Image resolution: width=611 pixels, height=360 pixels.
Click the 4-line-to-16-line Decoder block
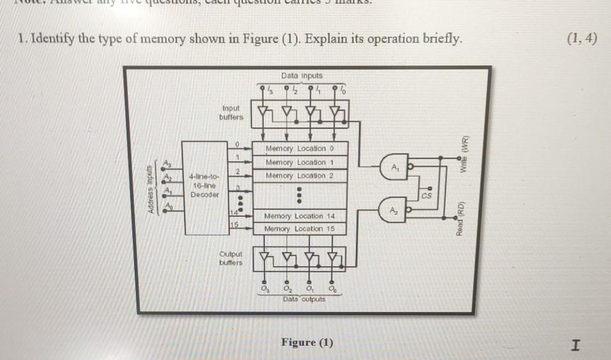point(203,185)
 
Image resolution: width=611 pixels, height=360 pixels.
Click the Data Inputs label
point(301,75)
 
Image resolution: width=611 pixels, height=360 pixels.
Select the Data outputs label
point(304,299)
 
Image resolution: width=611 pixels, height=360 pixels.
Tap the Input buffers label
point(232,112)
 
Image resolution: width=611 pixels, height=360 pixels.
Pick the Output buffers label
point(231,258)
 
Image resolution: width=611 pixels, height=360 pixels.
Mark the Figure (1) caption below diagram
point(306,342)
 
